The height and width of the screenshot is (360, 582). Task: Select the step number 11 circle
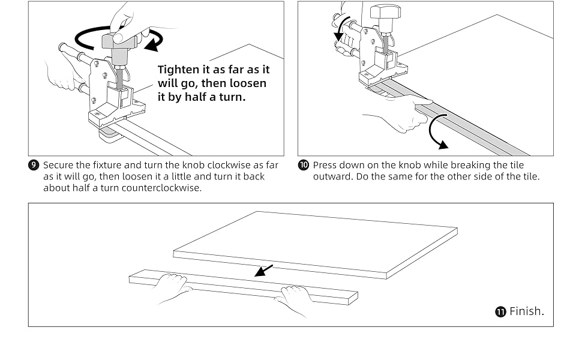500,311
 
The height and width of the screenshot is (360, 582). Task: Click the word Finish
526,311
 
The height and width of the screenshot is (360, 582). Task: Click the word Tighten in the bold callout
179,70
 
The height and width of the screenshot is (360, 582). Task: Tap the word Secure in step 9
58,165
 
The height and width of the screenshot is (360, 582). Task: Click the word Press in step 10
325,165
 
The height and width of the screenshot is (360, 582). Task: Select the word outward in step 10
330,176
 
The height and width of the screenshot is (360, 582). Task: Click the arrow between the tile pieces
264,271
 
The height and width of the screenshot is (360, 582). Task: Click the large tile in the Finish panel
315,243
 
